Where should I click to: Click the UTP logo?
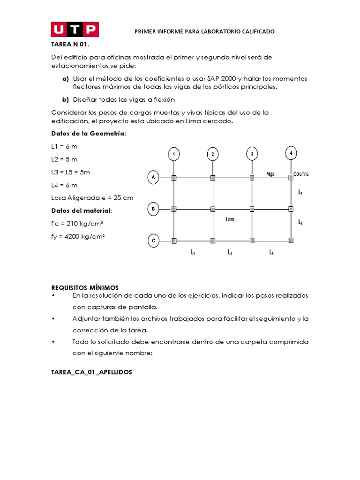(75, 30)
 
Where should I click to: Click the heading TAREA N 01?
(70, 45)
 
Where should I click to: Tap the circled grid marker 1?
(174, 154)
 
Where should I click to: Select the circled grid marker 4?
(291, 153)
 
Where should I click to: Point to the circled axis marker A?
(153, 177)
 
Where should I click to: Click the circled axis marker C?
(153, 241)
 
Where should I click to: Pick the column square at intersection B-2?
(213, 209)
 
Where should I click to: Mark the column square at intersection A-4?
(291, 177)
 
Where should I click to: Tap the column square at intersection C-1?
(174, 241)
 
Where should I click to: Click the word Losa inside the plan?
(230, 219)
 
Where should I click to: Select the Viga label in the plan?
(270, 173)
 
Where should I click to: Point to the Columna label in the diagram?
(301, 174)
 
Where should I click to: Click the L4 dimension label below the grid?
(230, 252)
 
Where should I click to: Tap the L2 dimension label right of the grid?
(300, 223)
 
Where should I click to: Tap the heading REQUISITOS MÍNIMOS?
(85, 287)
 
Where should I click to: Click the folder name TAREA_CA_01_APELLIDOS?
(91, 372)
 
